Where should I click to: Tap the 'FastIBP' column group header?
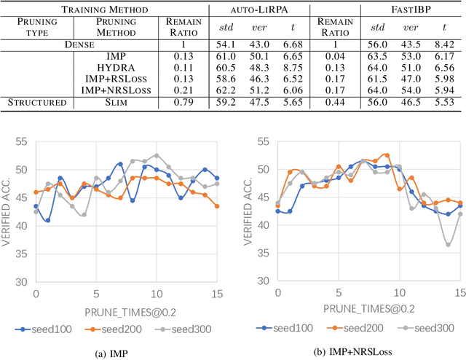[x=412, y=9]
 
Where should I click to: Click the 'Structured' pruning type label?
[x=37, y=101]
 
